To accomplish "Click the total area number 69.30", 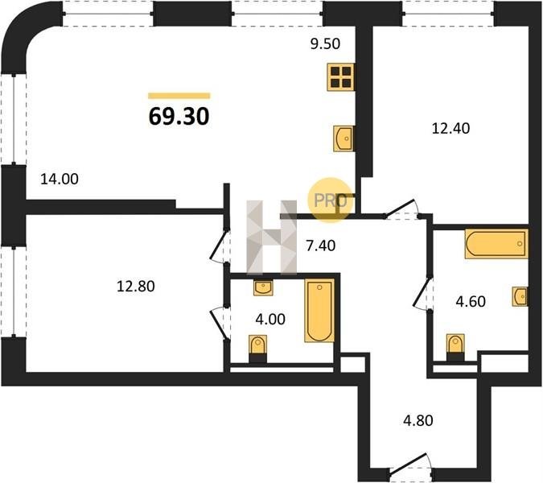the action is pos(179,116).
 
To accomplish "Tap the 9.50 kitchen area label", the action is pos(325,44).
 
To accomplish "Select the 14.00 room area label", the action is pos(60,180).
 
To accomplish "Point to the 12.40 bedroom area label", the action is pos(450,129).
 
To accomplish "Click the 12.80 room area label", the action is pos(135,287).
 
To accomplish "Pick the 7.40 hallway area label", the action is pos(321,246).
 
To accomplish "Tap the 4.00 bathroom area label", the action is pos(270,319).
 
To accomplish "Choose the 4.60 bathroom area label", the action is pos(471,301).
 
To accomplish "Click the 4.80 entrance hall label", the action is pos(418,421).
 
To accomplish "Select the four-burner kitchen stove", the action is pos(341,77).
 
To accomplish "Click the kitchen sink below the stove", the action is pos(343,138).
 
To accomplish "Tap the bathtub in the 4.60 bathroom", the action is pos(496,244).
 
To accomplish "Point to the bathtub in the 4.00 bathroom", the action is pos(319,311).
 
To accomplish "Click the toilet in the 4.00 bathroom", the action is pos(257,349).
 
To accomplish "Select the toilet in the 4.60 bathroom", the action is pos(455,348).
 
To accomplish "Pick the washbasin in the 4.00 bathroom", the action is pos(263,287).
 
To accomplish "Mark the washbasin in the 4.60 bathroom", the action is pos(520,296).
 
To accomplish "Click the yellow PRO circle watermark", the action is pos(331,200).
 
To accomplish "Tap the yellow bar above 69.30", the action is pos(179,96).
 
